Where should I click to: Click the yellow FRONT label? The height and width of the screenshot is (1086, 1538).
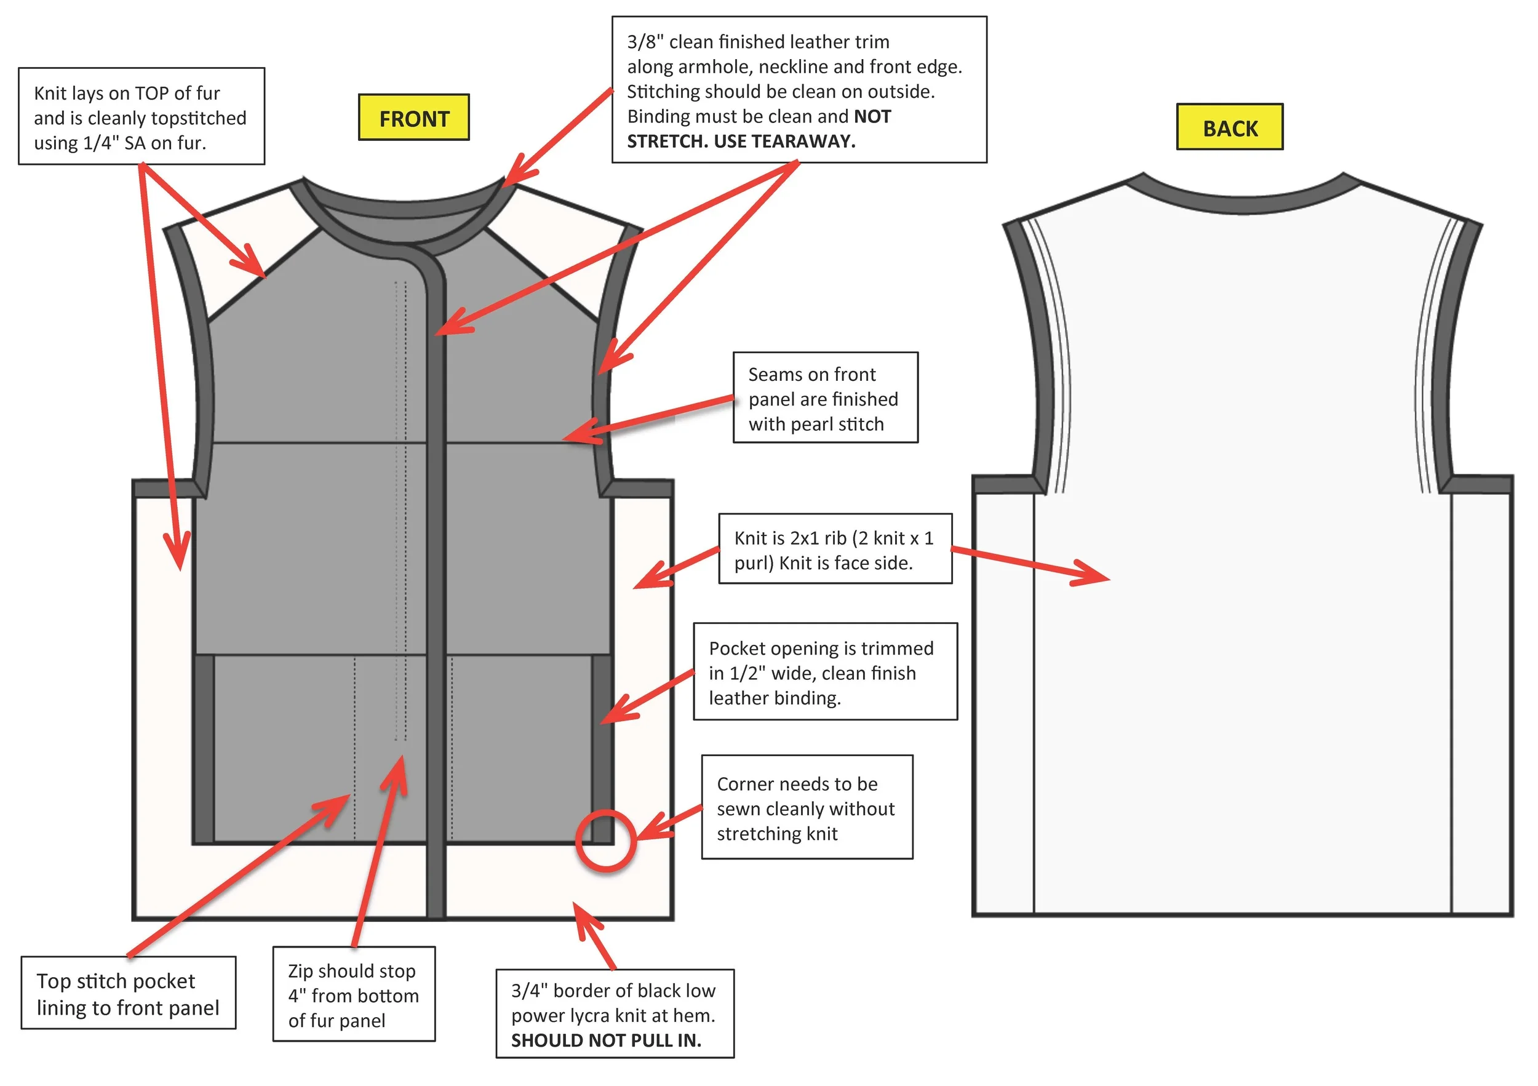(414, 118)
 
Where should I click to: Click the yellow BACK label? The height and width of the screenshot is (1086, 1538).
(1230, 127)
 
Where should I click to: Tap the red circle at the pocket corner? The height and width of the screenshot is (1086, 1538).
(605, 840)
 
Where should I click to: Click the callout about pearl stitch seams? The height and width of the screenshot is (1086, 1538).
(825, 398)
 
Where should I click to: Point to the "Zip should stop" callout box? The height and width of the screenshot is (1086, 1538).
(354, 994)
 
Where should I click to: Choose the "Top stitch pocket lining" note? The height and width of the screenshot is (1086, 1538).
(128, 994)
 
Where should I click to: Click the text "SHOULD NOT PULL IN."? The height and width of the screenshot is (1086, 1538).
(606, 1040)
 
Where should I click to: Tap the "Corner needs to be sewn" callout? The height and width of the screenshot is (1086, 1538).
(807, 808)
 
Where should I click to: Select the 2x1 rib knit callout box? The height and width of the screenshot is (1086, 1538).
(835, 549)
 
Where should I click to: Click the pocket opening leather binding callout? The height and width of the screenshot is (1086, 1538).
(825, 673)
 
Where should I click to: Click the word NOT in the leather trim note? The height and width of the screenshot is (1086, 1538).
(872, 116)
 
